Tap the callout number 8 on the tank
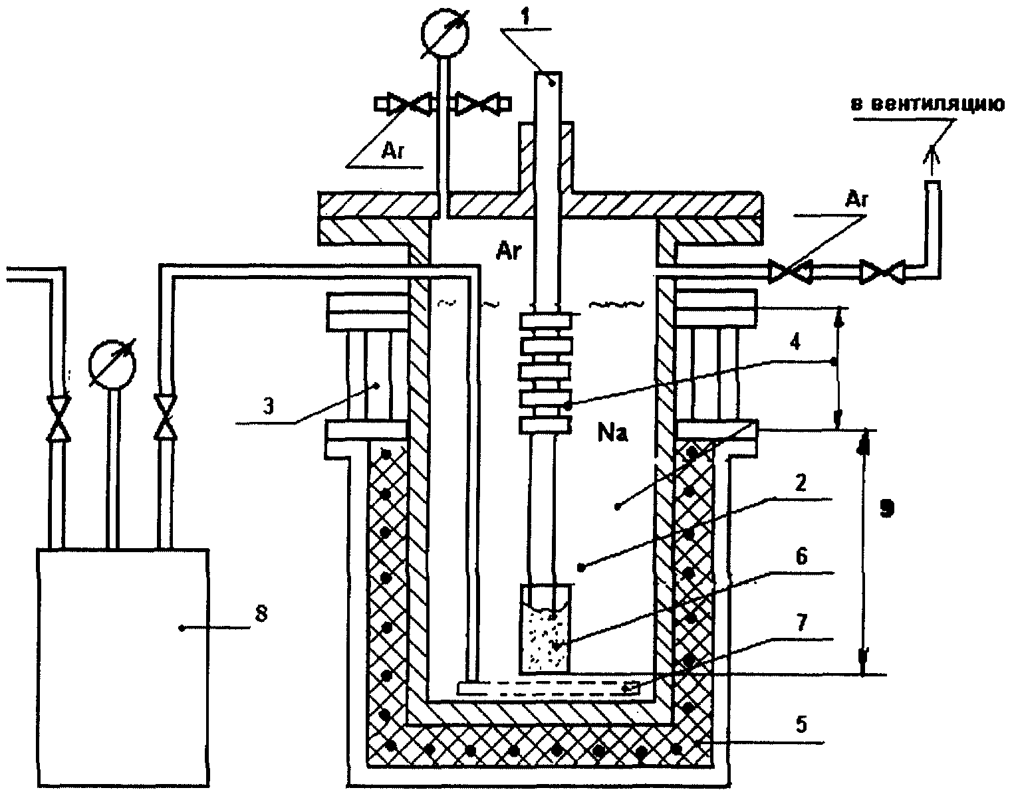point(261,613)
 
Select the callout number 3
point(268,406)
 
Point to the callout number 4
point(795,343)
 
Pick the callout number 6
point(801,557)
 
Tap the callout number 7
point(801,623)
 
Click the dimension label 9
point(886,508)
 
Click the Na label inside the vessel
point(612,434)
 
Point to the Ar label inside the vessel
point(509,252)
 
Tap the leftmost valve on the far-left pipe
point(59,417)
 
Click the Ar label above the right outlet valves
point(856,200)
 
